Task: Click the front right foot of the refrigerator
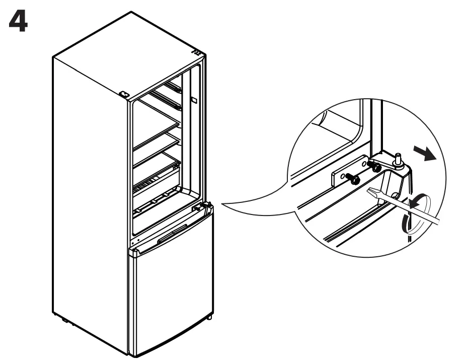click(x=209, y=319)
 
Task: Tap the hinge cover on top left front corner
click(x=124, y=94)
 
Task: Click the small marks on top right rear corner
click(x=197, y=51)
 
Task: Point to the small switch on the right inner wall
click(x=193, y=101)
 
